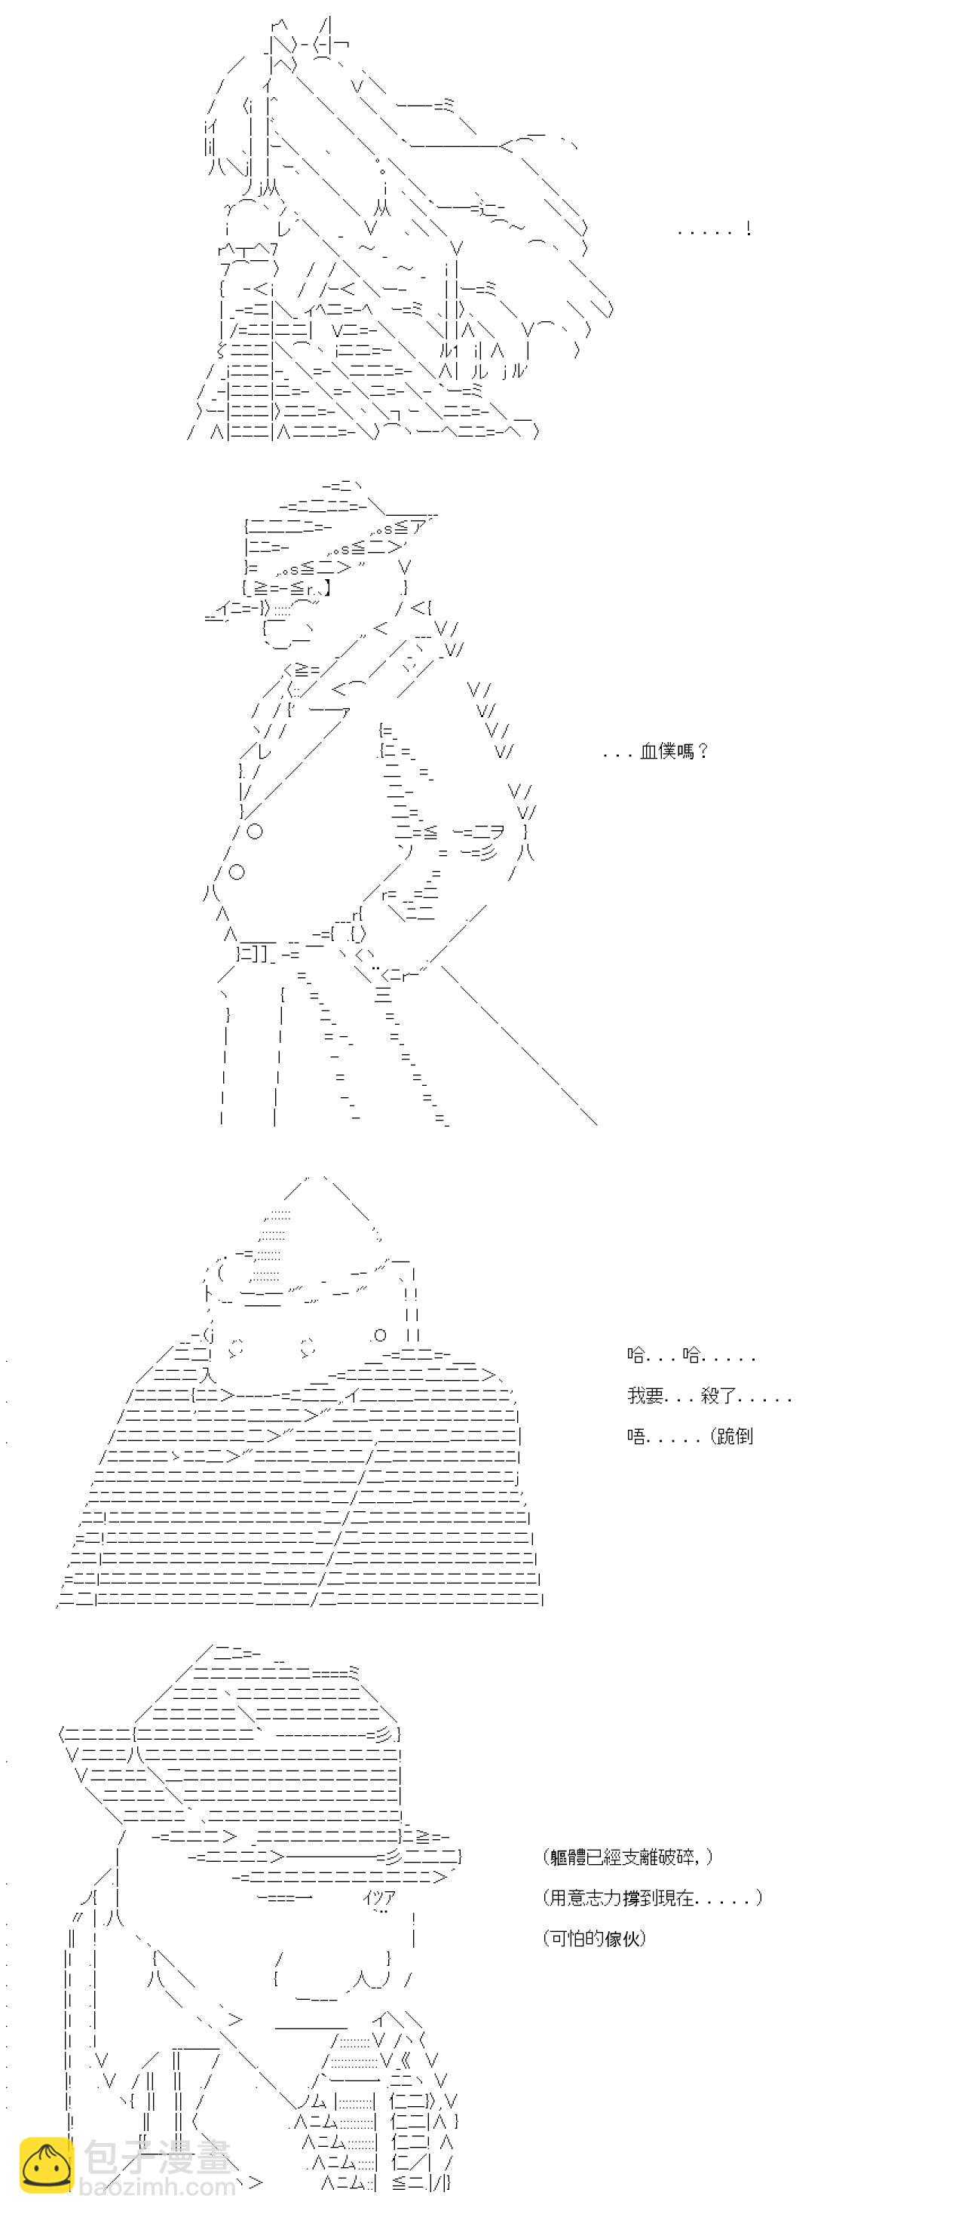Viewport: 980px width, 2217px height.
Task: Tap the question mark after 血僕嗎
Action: coord(704,751)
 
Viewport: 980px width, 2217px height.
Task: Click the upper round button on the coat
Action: coord(255,831)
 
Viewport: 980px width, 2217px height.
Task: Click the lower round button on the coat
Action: coord(237,872)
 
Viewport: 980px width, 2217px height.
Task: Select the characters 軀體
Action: coord(568,1857)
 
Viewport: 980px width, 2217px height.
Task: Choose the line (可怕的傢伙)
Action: coord(595,1938)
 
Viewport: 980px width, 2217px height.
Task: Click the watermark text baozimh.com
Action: coord(157,2187)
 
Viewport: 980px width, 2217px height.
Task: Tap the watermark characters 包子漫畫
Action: coord(158,2157)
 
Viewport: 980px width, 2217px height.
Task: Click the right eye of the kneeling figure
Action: coord(307,1348)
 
